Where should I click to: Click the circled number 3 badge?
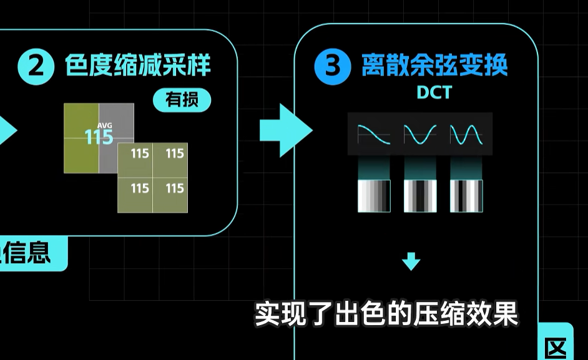pyautogui.click(x=333, y=66)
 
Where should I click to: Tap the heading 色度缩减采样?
pyautogui.click(x=139, y=66)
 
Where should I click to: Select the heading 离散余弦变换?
pyautogui.click(x=434, y=66)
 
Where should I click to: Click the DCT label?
pyautogui.click(x=434, y=93)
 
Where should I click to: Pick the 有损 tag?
pyautogui.click(x=182, y=100)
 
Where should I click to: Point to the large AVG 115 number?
pyautogui.click(x=99, y=135)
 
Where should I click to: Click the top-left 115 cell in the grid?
pyautogui.click(x=140, y=153)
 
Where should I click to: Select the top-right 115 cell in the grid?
pyautogui.click(x=175, y=153)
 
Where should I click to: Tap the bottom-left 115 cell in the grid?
pyautogui.click(x=140, y=188)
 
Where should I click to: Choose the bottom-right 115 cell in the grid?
pyautogui.click(x=175, y=188)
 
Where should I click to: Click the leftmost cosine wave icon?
pyautogui.click(x=374, y=134)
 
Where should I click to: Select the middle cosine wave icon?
pyautogui.click(x=419, y=134)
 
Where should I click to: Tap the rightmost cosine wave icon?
pyautogui.click(x=466, y=134)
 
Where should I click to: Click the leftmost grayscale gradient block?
pyautogui.click(x=374, y=196)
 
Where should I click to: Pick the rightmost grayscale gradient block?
pyautogui.click(x=466, y=196)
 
